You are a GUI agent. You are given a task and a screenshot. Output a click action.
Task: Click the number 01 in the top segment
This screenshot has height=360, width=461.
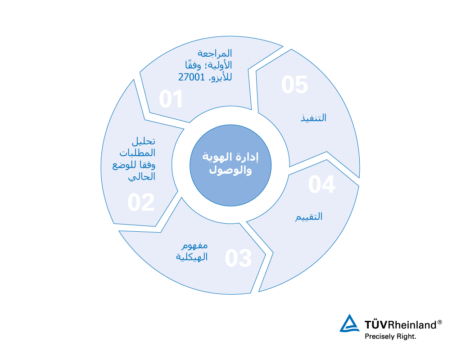pos(171,99)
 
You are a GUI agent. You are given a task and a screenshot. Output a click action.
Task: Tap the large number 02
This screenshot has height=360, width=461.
pos(141,202)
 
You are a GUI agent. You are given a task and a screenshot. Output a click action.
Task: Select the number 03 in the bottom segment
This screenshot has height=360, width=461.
pos(238,258)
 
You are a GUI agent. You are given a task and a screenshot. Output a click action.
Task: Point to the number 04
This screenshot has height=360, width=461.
pos(322,184)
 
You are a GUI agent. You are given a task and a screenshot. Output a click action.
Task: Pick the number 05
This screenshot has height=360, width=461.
pos(294,85)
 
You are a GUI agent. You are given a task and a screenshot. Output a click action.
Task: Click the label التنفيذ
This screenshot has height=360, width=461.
pos(313,118)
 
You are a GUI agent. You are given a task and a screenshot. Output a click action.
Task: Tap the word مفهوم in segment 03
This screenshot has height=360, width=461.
pos(194,246)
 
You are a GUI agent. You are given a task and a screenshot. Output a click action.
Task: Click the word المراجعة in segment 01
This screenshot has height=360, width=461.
pos(215,54)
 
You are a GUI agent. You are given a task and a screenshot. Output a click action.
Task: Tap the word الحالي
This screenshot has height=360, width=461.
pos(142,177)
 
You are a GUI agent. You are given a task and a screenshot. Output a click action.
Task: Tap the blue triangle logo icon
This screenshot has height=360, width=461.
pos(350,324)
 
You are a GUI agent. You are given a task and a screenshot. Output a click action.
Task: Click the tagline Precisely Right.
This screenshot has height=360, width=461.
pos(390,336)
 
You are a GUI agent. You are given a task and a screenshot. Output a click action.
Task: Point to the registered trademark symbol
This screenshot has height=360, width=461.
pos(439,322)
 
